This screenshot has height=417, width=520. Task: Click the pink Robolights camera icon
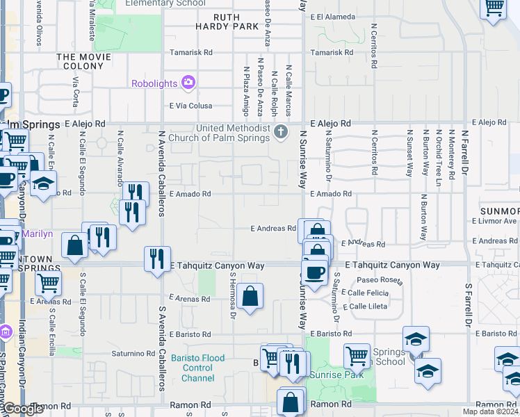click(x=188, y=83)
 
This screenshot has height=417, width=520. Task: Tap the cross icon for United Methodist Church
click(x=280, y=132)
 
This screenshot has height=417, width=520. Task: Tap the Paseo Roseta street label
click(x=381, y=280)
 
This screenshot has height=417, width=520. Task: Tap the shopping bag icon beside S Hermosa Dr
click(x=250, y=296)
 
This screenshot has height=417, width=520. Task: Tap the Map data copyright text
click(x=490, y=411)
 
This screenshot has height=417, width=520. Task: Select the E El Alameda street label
click(x=333, y=17)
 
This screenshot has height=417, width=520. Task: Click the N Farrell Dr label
click(x=468, y=149)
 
